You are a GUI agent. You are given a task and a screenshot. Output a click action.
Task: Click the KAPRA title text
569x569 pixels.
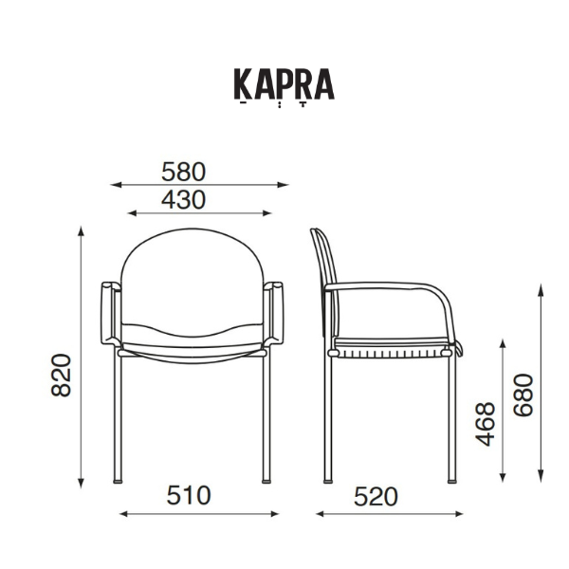[284, 84]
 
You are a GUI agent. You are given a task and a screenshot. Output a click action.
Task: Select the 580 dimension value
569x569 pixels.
[184, 172]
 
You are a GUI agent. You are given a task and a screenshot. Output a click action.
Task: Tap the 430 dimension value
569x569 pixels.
[184, 199]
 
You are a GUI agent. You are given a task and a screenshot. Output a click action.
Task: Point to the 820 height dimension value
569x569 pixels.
[61, 375]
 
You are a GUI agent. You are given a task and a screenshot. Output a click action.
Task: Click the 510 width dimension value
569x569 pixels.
[189, 495]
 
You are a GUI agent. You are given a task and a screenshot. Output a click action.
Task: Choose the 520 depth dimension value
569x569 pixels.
[376, 496]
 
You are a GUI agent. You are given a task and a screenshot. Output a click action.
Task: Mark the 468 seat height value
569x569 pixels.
[485, 424]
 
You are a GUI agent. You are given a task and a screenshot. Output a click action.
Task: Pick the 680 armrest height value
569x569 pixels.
[523, 395]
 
